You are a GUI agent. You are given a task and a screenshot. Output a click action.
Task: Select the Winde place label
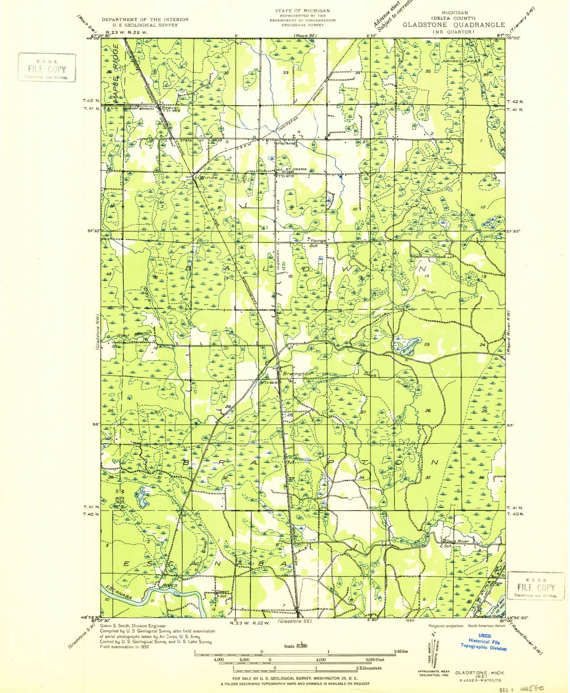tap(208, 177)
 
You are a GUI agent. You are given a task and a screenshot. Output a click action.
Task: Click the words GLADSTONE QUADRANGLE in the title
tap(454, 24)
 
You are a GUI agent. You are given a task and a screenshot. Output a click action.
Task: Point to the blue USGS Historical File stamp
tap(484, 641)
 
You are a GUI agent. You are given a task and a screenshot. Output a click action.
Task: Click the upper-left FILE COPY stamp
tap(47, 67)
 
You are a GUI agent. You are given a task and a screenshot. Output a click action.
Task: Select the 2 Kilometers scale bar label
tap(369, 668)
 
